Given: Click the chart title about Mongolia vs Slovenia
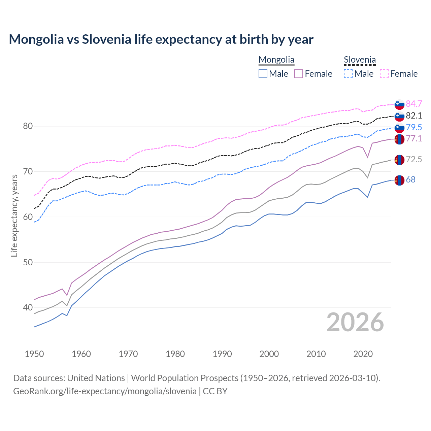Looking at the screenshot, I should (161, 39).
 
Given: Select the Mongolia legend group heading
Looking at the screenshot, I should (276, 60).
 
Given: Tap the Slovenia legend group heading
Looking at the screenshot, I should (360, 60).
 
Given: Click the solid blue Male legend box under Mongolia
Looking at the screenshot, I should (263, 74).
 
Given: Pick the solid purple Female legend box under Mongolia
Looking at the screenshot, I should (299, 74).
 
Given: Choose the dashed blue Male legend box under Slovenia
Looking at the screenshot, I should (348, 74).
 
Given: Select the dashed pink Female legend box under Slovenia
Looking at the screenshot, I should (384, 74).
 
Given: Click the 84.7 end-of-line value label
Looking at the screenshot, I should (414, 104).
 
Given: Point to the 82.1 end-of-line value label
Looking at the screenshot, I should (414, 116).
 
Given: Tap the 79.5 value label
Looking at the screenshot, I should (414, 127).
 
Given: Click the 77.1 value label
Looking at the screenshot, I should (414, 139).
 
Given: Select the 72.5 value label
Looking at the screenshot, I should (414, 160).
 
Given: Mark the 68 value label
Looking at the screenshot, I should (411, 180).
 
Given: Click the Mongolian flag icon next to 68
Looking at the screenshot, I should (399, 180).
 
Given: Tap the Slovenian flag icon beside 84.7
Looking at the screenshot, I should (399, 104).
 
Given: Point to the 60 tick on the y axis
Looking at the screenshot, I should (28, 217).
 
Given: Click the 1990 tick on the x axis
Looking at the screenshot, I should (222, 354).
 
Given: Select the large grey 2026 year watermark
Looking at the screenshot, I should (355, 322).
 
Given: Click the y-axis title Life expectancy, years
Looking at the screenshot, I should (14, 215).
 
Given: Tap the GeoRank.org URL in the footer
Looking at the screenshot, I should (105, 391).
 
